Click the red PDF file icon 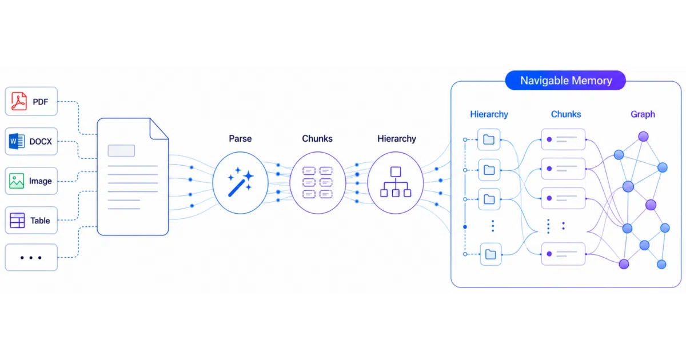tap(19, 101)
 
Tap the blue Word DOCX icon tap(17, 141)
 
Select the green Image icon tap(17, 181)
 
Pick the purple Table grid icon tap(17, 221)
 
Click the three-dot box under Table tap(31, 258)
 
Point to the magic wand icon tap(241, 182)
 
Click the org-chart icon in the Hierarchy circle tap(396, 182)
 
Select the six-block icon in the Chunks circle tap(317, 182)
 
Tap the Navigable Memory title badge tap(565, 80)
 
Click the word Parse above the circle tap(241, 139)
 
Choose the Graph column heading tap(643, 114)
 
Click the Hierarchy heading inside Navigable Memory tap(489, 114)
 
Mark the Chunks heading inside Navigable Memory tap(566, 114)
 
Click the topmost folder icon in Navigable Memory tap(489, 139)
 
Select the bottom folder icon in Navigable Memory tap(490, 254)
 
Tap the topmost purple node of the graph tap(644, 136)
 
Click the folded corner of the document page tap(159, 129)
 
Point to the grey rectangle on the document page tap(121, 151)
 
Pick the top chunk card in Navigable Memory tap(563, 139)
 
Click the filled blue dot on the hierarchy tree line tap(465, 227)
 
